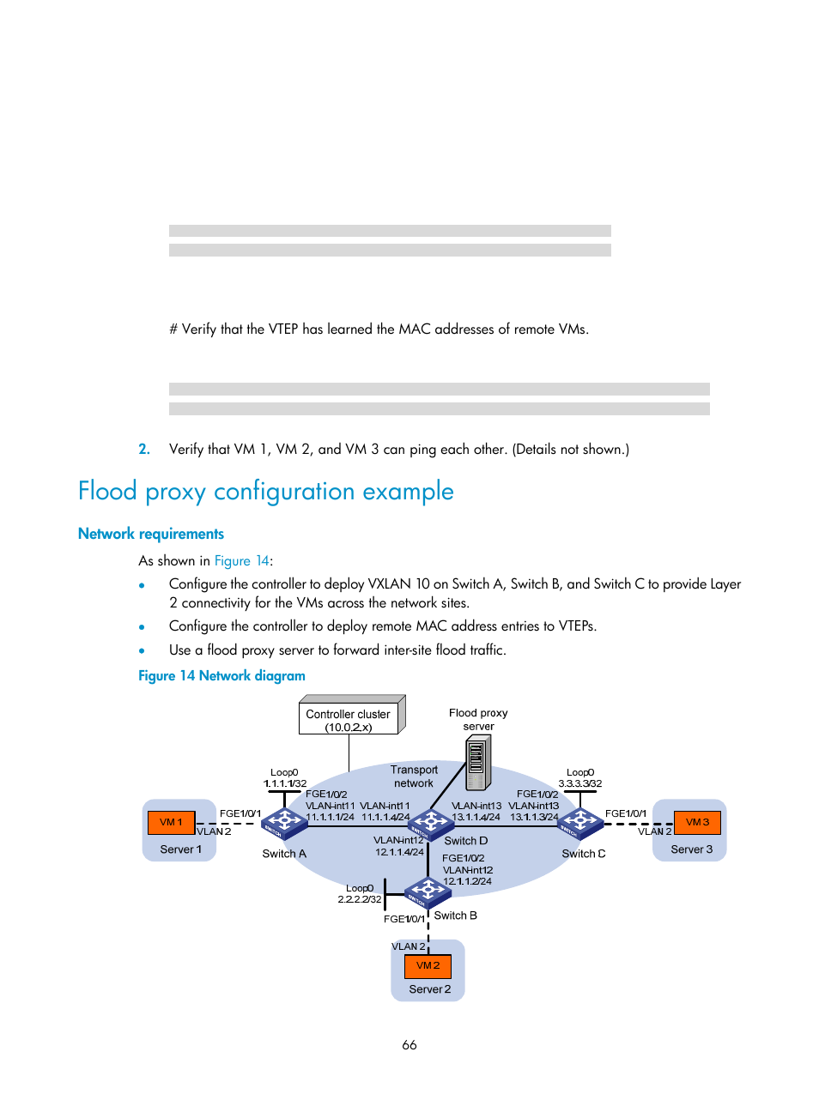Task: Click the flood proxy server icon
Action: coord(477,763)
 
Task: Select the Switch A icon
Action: coord(284,823)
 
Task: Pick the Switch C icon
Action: coord(580,823)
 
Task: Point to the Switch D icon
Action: coord(431,824)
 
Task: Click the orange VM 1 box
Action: coord(171,822)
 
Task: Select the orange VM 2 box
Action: coord(428,965)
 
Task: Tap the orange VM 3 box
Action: coord(697,822)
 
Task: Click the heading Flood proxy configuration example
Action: coord(265,491)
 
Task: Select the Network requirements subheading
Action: coord(151,534)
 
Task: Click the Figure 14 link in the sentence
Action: coord(242,560)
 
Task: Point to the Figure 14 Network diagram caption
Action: coord(221,675)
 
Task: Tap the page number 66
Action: coord(409,1044)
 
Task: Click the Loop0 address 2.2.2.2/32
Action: coord(359,899)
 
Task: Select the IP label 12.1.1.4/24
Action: coord(399,852)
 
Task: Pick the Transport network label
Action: coord(414,777)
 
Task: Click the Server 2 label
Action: coord(429,989)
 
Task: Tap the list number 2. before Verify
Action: coord(144,449)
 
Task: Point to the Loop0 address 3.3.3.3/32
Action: coord(580,783)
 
